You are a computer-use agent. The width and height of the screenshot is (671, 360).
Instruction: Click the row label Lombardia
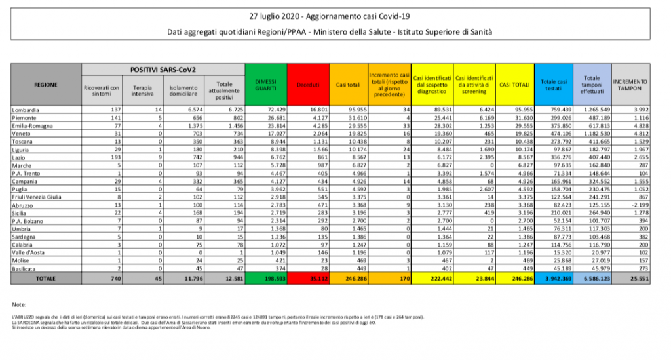coord(25,110)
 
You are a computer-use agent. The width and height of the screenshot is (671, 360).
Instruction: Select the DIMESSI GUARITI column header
coord(264,85)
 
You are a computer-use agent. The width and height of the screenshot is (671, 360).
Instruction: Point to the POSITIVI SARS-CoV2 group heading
coord(163,69)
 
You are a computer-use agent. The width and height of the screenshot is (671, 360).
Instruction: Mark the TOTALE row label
coord(46,278)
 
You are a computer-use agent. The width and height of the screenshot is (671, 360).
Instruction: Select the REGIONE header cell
coord(46,85)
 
